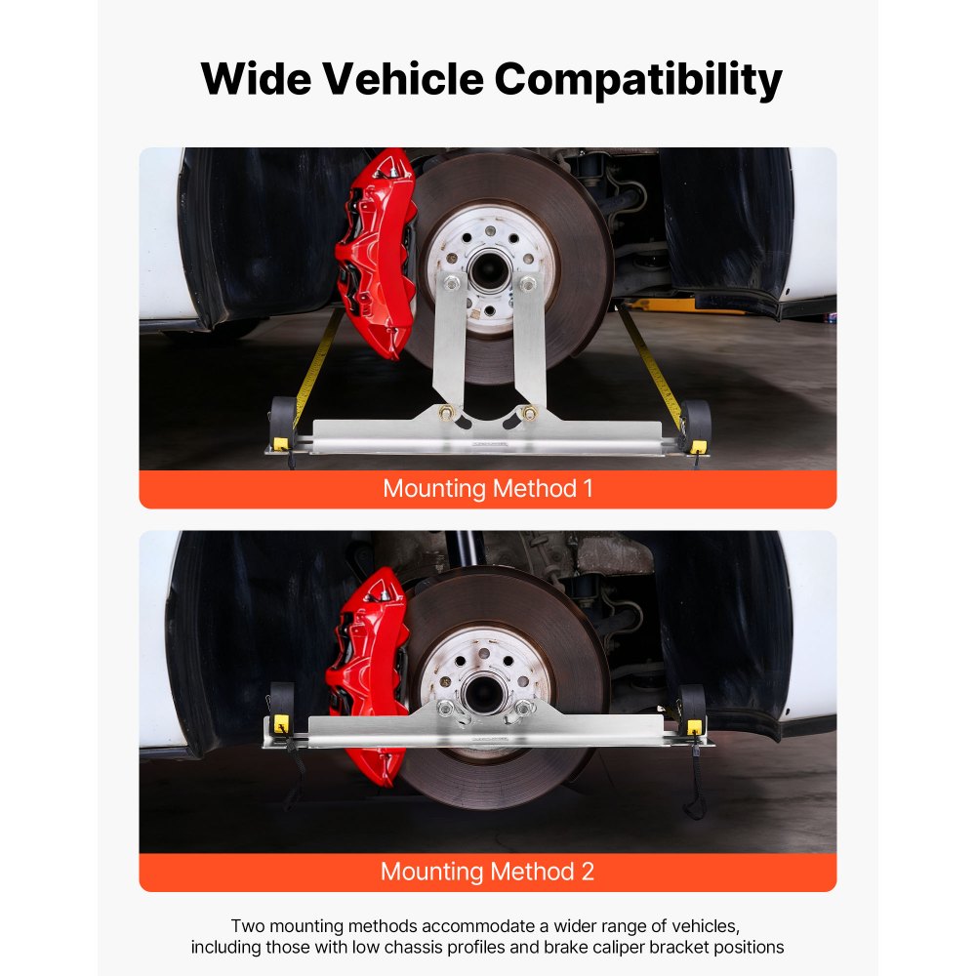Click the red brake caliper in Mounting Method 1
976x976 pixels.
(x=376, y=254)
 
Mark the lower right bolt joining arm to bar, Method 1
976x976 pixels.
(x=529, y=413)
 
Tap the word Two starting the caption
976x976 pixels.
(x=248, y=925)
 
